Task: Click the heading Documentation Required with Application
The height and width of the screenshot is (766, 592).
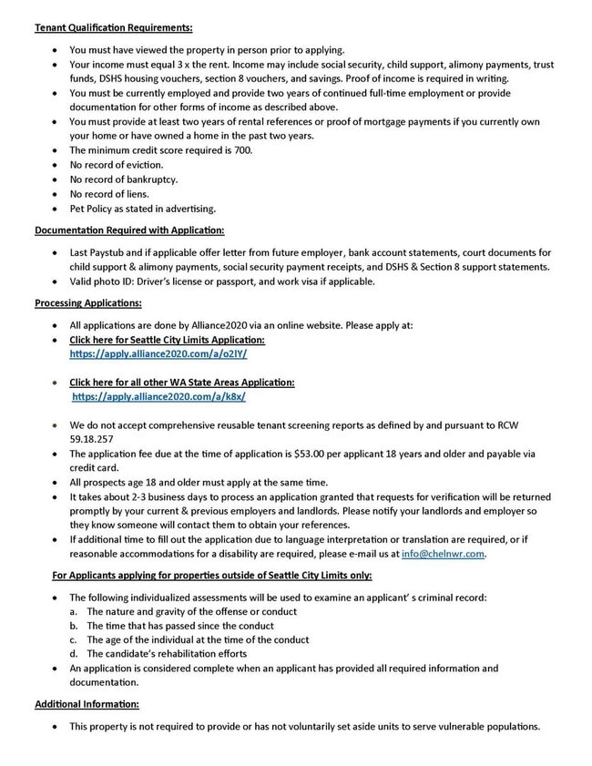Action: [x=129, y=230]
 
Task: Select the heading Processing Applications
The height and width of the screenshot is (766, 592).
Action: [x=88, y=301]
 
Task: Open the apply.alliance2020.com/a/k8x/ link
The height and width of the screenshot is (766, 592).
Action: [x=159, y=397]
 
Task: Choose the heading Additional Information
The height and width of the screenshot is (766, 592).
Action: [x=86, y=704]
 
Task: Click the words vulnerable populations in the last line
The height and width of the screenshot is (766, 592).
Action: [x=492, y=727]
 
